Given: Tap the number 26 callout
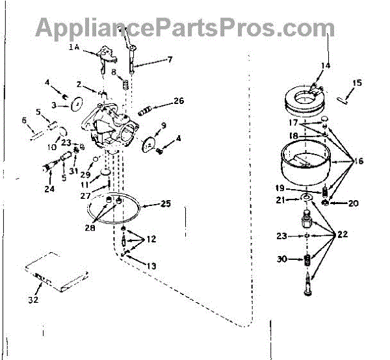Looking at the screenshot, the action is pos(179,101).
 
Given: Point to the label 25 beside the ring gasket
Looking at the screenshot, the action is pos(166,204).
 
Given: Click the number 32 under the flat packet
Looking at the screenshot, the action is pos(33,300).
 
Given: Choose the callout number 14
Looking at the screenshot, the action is pos(325,66).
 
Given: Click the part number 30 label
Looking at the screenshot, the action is pos(282,259).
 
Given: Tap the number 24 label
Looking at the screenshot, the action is pos(49,190).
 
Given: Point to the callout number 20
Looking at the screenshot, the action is pos(353,203).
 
